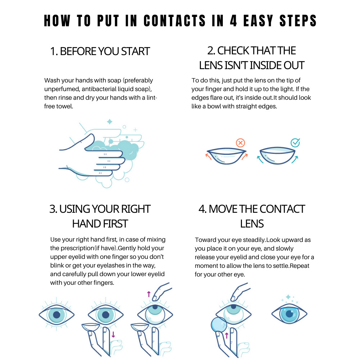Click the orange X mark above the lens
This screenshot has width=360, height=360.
(240, 143)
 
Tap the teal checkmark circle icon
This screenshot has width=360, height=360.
(295, 143)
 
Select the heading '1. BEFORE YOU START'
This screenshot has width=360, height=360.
(100, 51)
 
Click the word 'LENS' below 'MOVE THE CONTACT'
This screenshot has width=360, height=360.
(252, 224)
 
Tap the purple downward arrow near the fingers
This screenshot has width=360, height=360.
(113, 334)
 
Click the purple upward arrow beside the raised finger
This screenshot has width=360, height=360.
(148, 294)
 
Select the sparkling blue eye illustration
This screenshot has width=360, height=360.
(289, 314)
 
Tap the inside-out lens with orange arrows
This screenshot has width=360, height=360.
(226, 155)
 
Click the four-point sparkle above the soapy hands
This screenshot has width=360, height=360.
(109, 122)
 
